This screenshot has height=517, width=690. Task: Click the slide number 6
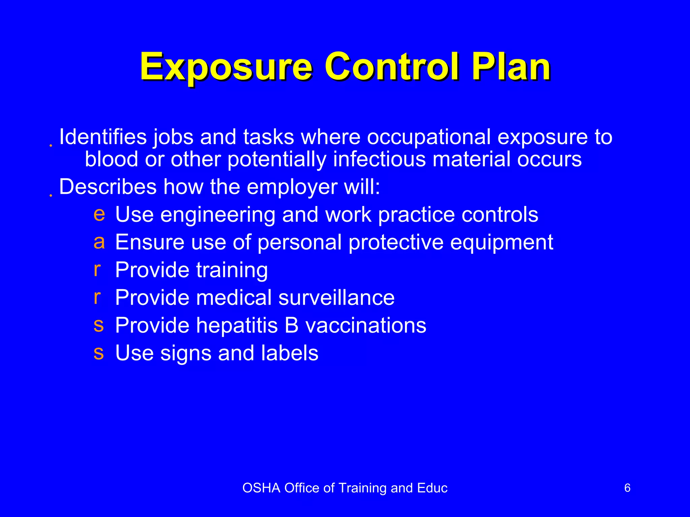pyautogui.click(x=627, y=488)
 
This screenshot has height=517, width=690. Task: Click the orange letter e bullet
pyautogui.click(x=99, y=214)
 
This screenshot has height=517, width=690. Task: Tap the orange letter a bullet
pyautogui.click(x=99, y=242)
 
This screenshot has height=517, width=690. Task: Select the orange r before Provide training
pyautogui.click(x=97, y=270)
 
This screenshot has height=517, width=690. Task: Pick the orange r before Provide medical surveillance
pyautogui.click(x=97, y=297)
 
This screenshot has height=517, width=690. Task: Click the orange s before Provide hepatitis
pyautogui.click(x=99, y=325)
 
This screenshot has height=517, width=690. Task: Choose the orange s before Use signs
pyautogui.click(x=99, y=353)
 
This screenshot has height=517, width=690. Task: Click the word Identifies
pyautogui.click(x=103, y=137)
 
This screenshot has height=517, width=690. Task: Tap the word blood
pyautogui.click(x=111, y=159)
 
